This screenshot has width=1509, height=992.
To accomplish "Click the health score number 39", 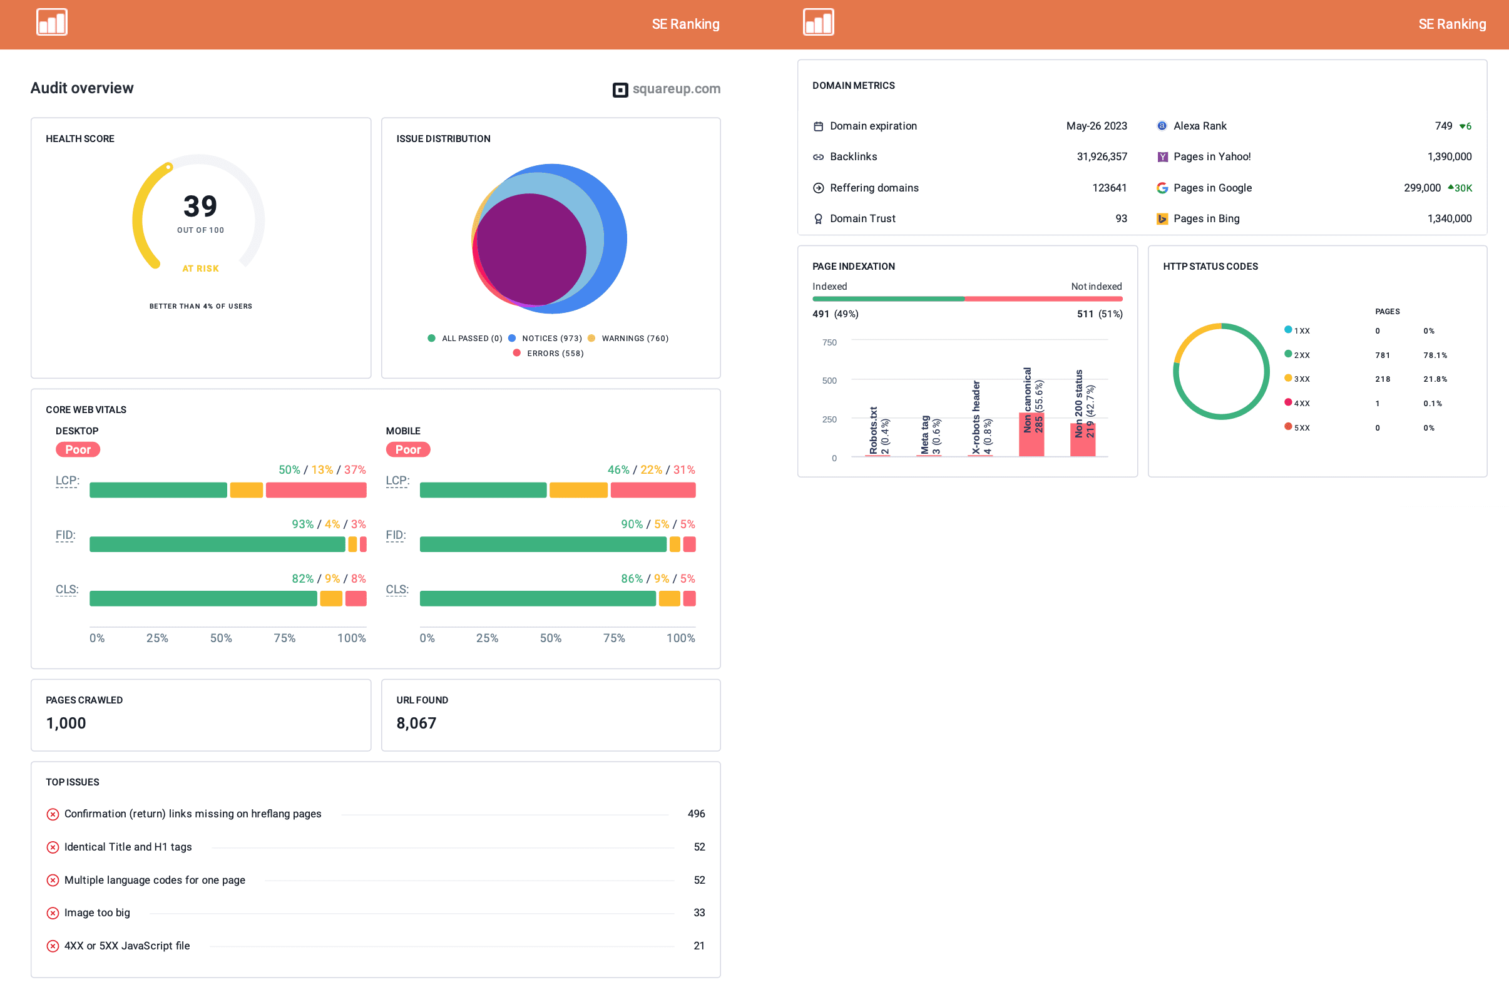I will tap(200, 206).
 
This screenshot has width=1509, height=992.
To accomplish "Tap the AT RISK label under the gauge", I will tap(200, 268).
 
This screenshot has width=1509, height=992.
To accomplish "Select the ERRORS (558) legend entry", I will tap(554, 353).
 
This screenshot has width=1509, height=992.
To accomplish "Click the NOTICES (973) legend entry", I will tap(551, 339).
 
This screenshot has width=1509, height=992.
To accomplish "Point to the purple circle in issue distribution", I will tap(531, 248).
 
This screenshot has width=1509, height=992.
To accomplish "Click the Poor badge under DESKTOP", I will tap(78, 449).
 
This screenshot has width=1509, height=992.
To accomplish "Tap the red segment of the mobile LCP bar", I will tap(652, 490).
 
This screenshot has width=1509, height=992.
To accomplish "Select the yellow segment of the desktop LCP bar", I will tap(246, 490).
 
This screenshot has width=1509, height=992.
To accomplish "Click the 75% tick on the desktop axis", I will tap(284, 638).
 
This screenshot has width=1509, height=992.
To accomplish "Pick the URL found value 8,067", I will tap(416, 723).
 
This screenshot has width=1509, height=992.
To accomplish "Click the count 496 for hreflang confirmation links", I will tap(695, 813).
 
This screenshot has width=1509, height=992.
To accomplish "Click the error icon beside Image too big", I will tap(53, 913).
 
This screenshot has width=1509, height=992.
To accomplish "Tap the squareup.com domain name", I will tap(676, 89).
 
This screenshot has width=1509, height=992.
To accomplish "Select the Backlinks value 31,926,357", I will tap(1102, 156).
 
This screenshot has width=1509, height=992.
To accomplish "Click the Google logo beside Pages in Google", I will tap(1162, 188).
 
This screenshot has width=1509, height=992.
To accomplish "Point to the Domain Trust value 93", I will tap(1121, 218).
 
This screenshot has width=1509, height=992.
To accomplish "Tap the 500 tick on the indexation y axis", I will tap(829, 381).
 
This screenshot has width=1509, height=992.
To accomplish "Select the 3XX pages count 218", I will tap(1382, 379).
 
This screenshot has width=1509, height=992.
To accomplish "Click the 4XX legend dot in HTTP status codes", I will tap(1287, 402).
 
